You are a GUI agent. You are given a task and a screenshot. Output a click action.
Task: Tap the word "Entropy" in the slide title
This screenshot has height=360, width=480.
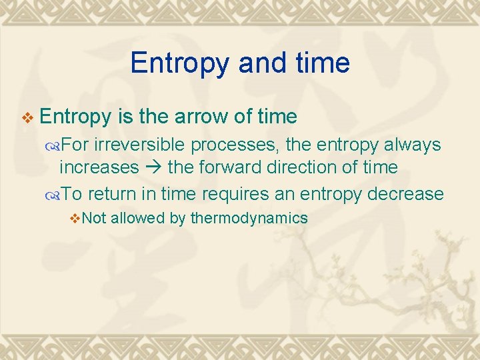[175, 63]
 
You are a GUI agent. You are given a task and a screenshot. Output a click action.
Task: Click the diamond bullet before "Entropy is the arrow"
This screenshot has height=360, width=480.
[27, 117]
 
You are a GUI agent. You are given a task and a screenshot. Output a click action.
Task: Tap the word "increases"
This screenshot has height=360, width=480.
[99, 167]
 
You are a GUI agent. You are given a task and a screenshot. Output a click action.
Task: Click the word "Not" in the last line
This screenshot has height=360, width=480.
[95, 218]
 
